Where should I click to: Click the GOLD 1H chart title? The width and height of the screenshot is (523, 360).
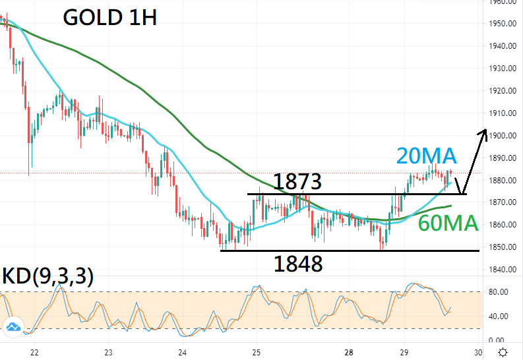[109, 18]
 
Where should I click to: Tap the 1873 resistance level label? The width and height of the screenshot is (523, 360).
[297, 181]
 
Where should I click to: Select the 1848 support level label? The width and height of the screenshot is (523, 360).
[298, 264]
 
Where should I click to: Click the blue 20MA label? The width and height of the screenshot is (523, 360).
[426, 156]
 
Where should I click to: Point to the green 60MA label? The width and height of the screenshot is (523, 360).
[448, 224]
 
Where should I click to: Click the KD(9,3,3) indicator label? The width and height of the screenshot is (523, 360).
[48, 277]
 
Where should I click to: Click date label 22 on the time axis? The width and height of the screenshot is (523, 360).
[34, 351]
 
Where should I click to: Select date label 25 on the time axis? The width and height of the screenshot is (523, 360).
[257, 351]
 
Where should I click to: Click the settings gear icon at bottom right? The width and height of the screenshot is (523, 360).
[503, 351]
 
